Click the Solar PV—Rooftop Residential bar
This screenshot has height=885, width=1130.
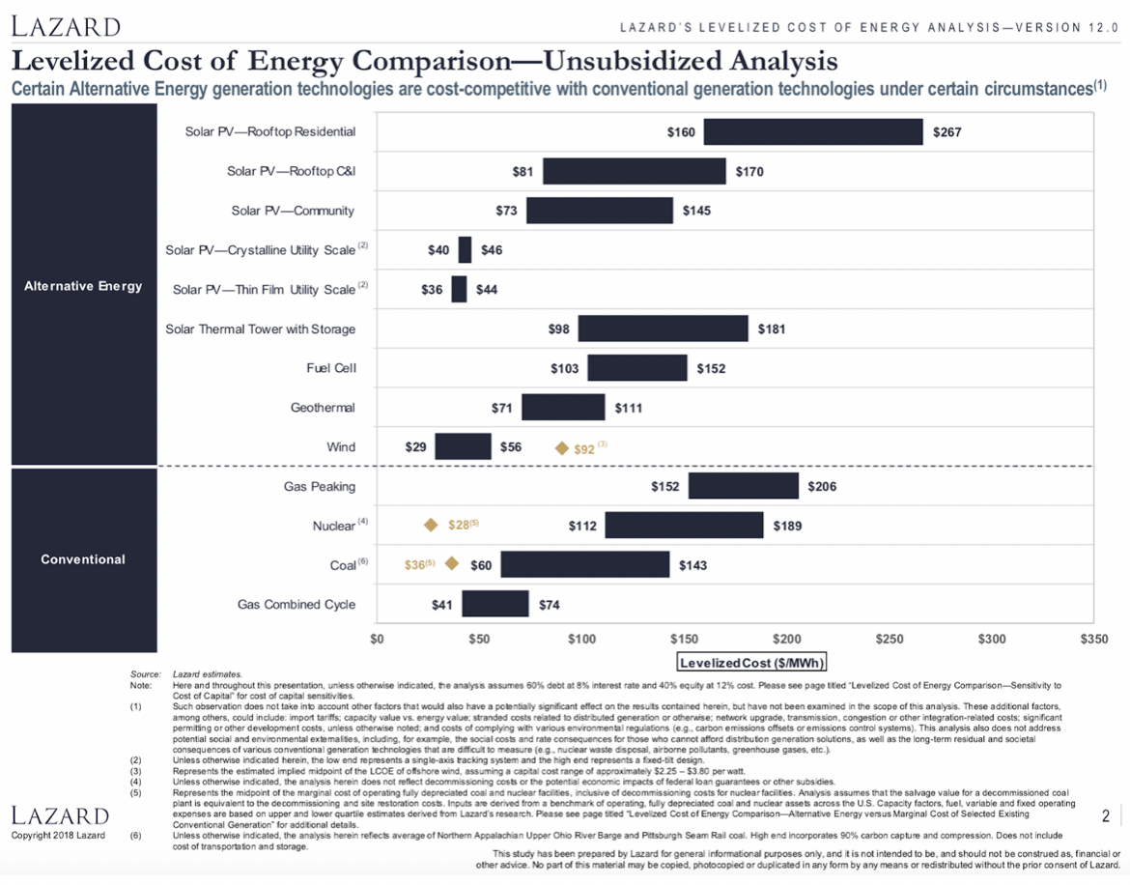point(812,131)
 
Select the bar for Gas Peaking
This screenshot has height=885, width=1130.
point(743,486)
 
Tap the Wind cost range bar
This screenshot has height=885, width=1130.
point(463,446)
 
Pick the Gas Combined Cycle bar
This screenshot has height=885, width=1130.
point(494,604)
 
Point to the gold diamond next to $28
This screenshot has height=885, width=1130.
point(432,526)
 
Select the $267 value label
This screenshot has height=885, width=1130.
point(947,131)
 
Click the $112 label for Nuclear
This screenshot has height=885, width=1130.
point(583,526)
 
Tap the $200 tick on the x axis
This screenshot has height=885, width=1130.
point(786,640)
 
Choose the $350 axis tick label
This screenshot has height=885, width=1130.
point(1093,640)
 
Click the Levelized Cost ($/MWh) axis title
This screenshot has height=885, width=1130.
point(752,663)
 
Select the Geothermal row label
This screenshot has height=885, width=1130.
point(323,408)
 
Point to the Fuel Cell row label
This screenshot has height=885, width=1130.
point(330,368)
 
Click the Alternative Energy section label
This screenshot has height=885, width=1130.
point(83,286)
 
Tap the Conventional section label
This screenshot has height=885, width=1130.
point(83,559)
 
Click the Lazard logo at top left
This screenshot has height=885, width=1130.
point(66,26)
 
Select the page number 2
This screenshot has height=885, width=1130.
point(1105,817)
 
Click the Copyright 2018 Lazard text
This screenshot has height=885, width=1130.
point(58,835)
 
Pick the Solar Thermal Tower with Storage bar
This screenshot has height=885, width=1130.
point(663,328)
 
